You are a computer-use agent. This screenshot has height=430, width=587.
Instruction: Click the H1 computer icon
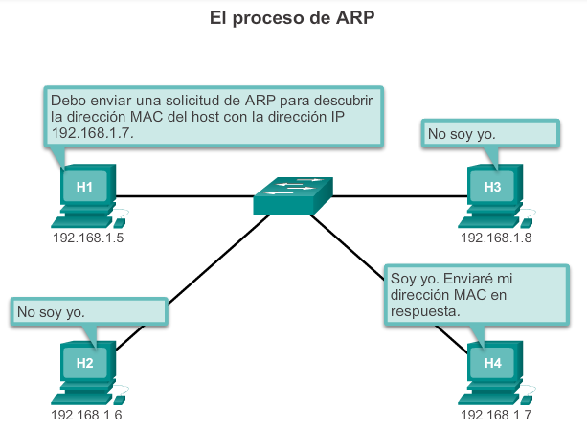click(85, 192)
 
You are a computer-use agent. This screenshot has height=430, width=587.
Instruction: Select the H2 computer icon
click(85, 369)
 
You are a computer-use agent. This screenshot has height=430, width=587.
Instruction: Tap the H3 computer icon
click(492, 192)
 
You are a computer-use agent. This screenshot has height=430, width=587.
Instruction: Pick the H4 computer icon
click(492, 369)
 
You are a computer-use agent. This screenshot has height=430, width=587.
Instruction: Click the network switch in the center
click(293, 195)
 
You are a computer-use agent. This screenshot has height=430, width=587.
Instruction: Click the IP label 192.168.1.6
click(87, 415)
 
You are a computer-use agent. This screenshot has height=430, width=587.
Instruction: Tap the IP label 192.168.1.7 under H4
click(496, 415)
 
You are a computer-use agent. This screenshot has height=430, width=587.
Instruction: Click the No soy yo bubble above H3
click(487, 133)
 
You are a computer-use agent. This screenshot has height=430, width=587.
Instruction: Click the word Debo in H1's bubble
click(68, 100)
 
